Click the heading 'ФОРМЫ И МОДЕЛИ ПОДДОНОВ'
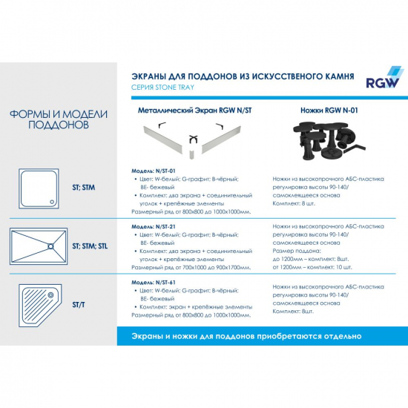[59, 119]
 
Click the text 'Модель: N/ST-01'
[150, 169]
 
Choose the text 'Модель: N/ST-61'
[150, 283]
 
